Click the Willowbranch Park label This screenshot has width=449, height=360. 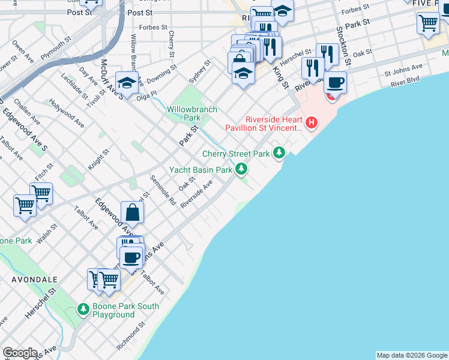coord(192,114)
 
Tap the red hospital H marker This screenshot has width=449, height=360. coord(312,124)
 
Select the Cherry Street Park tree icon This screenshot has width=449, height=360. coord(279,154)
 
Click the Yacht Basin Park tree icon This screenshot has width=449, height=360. coord(241,170)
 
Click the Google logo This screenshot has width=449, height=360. coord(20,353)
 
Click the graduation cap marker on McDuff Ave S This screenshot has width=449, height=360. coord(127,83)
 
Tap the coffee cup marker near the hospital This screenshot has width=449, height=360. coord(336,82)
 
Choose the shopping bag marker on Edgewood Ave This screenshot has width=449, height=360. coord(132,212)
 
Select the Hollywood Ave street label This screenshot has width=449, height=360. coord(67,112)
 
